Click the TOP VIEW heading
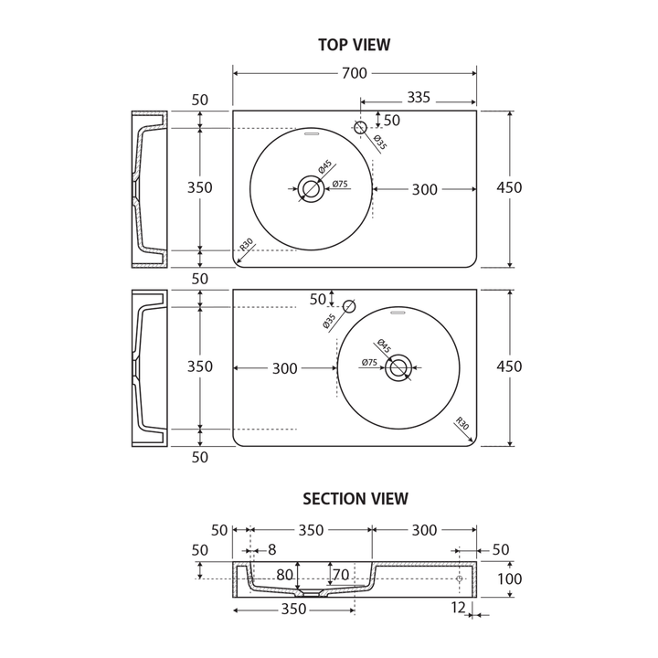point(354,45)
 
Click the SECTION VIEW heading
point(356,499)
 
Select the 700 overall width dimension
point(355,73)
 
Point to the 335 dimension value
point(419,97)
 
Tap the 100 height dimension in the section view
point(509,579)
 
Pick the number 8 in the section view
point(271,550)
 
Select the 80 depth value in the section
point(284,576)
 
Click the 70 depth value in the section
point(341,576)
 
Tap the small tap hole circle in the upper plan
point(360,128)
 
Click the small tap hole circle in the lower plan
point(348,307)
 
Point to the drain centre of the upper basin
point(311,189)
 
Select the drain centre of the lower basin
point(398,368)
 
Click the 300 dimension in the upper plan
point(424,190)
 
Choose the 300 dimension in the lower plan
point(284,369)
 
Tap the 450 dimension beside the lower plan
point(509,366)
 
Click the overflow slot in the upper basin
point(312,133)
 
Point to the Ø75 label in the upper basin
point(340,185)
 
